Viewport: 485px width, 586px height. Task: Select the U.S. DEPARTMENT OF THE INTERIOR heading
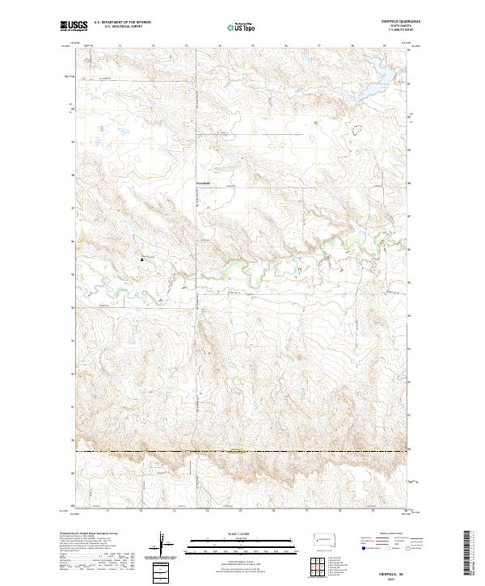tap(119, 22)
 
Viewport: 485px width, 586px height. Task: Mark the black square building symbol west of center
tap(142, 259)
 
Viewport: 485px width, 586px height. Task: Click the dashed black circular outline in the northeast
tap(357, 128)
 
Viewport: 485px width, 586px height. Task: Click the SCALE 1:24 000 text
tap(242, 534)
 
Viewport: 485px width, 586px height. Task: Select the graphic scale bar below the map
tap(242, 544)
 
